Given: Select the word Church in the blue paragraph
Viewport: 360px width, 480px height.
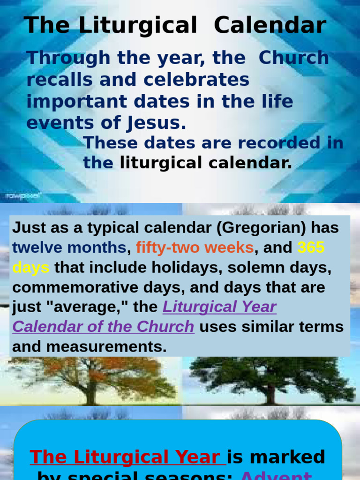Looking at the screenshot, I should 294,58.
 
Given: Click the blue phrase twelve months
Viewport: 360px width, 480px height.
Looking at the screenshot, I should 69,247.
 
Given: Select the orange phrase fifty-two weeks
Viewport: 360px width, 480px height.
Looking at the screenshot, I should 195,247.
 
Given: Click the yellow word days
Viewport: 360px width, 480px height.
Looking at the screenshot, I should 30,268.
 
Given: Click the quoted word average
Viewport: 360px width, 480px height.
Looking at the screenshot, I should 96,307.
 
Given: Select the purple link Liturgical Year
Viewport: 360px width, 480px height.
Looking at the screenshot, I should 219,307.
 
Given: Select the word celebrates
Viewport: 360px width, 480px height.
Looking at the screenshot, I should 196,80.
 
